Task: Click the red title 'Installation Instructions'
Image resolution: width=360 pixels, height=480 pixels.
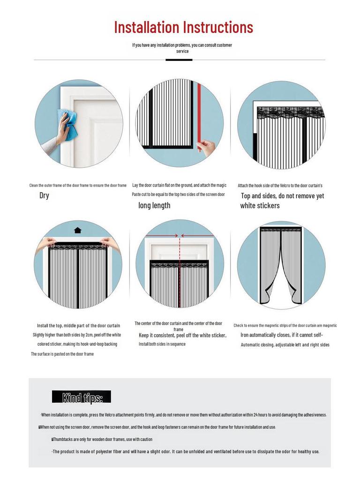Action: click(183, 27)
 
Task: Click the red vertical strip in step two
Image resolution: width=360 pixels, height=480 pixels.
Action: click(199, 112)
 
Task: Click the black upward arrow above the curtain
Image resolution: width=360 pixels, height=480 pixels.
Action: click(78, 230)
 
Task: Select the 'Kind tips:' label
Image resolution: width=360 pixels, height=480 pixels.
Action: click(82, 397)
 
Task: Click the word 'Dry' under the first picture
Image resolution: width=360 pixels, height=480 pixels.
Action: click(44, 195)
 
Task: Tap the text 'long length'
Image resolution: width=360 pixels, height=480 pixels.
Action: click(154, 205)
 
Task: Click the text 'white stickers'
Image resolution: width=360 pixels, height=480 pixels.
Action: click(260, 206)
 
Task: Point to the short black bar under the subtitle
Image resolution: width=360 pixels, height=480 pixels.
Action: click(179, 60)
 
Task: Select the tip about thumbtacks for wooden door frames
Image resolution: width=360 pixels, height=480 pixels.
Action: click(102, 439)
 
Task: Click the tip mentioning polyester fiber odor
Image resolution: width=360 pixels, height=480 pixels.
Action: click(186, 451)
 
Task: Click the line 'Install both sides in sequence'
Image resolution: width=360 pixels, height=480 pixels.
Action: click(162, 344)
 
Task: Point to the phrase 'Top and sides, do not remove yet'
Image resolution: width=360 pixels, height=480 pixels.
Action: click(282, 196)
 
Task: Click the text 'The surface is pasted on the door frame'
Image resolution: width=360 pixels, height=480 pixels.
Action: click(62, 354)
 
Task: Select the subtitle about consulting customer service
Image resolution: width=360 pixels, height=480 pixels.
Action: click(182, 48)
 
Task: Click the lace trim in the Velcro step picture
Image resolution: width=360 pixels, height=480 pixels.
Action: click(290, 113)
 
